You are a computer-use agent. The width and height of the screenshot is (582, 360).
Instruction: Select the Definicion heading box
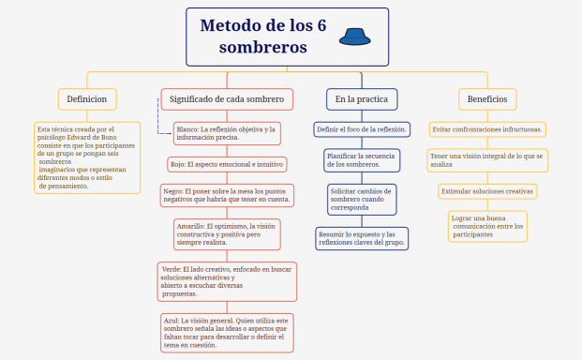point(86,98)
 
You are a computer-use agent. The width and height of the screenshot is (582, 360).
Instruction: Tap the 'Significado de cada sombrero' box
point(227,98)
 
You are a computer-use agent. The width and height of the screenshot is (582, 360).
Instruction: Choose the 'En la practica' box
point(361,98)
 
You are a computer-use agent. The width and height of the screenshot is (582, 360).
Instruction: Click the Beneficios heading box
point(487,98)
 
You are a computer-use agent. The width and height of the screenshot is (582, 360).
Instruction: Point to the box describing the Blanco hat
point(227,133)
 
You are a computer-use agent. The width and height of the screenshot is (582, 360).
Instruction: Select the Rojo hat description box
point(227,164)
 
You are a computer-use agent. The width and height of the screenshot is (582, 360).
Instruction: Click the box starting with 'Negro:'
point(227,195)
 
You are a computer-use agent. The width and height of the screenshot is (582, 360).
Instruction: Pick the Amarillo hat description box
point(227,233)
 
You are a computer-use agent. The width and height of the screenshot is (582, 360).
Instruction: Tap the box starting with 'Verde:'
point(227,280)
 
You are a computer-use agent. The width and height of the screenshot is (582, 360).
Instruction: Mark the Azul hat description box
point(227,332)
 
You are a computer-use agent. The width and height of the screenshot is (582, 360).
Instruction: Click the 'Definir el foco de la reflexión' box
point(361,128)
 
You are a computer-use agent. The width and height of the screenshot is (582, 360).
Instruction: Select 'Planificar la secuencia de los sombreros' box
point(362,159)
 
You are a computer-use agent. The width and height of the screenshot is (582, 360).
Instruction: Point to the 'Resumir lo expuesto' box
point(362,238)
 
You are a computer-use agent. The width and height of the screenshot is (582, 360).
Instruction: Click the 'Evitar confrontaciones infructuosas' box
point(488,128)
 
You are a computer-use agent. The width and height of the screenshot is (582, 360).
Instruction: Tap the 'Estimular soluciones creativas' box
point(488,191)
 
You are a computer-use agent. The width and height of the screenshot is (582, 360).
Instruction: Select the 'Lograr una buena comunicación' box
point(488,225)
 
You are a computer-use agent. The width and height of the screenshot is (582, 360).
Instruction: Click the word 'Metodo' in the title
point(239,25)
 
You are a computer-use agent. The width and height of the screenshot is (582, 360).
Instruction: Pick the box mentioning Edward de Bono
point(86,157)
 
